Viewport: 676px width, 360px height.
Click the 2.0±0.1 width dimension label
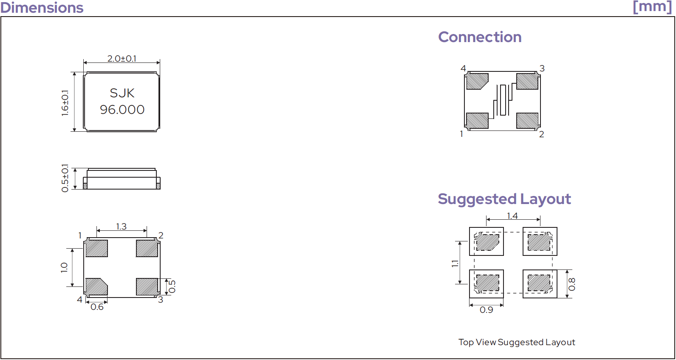pos(122,59)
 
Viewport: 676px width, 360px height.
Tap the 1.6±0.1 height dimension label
pos(65,103)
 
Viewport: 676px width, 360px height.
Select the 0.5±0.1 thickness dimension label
pos(65,179)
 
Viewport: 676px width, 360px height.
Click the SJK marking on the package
pos(122,93)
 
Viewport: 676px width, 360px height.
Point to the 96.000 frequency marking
pos(122,110)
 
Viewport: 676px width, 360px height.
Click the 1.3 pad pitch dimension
pos(122,226)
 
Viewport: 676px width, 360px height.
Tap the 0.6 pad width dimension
pos(97,307)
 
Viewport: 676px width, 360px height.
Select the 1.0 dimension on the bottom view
pos(64,268)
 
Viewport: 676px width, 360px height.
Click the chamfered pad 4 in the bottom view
pos(96,286)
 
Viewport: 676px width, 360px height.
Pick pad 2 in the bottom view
pos(147,248)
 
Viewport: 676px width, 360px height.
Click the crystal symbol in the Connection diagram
pos(503,100)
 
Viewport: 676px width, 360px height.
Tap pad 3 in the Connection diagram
pos(527,81)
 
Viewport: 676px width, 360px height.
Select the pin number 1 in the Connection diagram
pos(461,134)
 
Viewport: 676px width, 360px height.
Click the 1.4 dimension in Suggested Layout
pos(512,216)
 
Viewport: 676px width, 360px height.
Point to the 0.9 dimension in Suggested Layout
pos(486,310)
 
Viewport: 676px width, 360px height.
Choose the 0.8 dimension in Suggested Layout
pos(572,284)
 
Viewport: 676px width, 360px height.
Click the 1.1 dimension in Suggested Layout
pos(455,264)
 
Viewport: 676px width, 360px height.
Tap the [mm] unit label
pos(652,7)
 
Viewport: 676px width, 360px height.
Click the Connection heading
pos(480,37)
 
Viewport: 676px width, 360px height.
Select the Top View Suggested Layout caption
pos(517,342)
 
